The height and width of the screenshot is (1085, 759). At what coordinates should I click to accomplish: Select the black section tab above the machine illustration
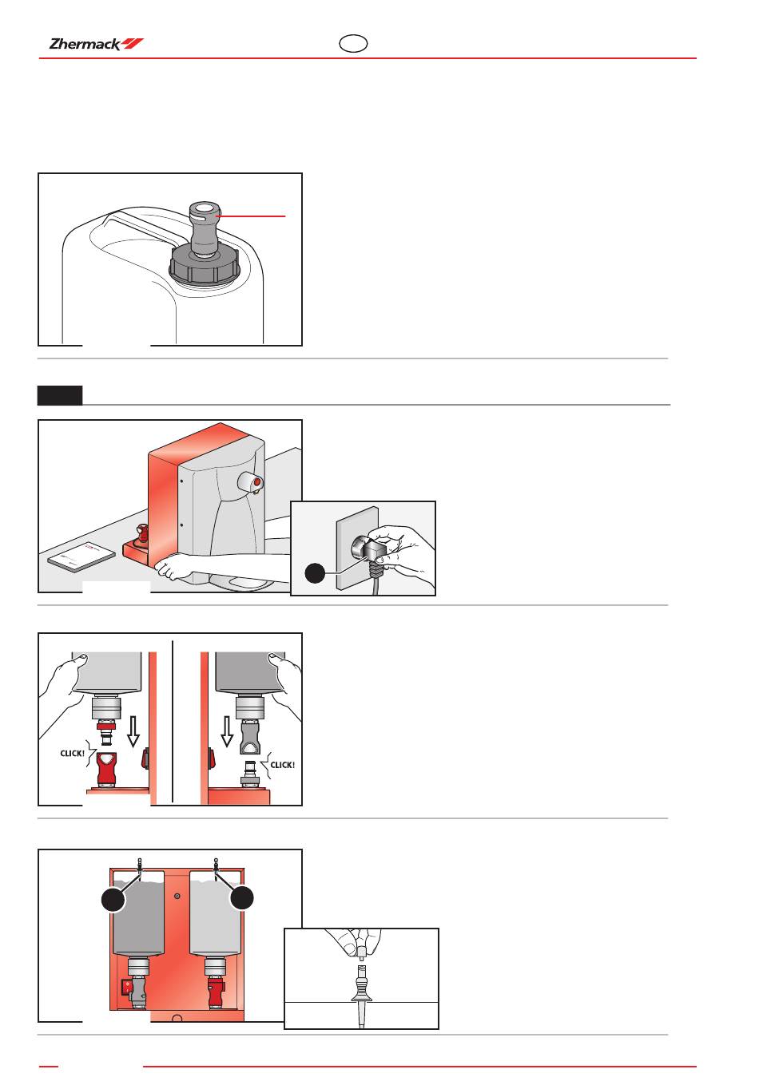(60, 395)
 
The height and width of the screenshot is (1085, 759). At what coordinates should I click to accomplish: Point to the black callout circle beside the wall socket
(316, 573)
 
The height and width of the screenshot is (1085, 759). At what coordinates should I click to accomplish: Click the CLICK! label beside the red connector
(73, 753)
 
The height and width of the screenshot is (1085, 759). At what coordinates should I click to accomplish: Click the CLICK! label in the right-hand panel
(282, 765)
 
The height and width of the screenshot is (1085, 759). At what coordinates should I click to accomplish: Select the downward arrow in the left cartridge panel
(133, 730)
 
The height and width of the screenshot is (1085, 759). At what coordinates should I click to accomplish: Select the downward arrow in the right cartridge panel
(227, 731)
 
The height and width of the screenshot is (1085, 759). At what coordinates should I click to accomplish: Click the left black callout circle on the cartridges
(113, 899)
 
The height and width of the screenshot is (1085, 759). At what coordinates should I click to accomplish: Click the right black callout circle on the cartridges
(242, 897)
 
